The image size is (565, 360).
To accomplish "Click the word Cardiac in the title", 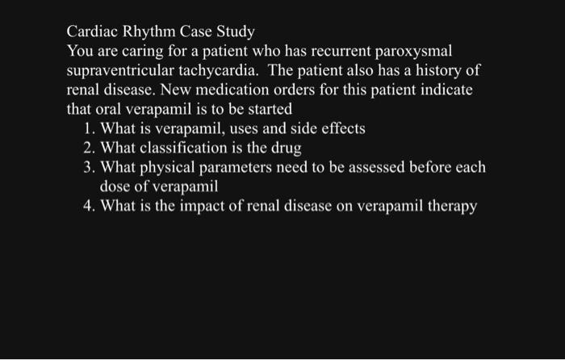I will (92, 32).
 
